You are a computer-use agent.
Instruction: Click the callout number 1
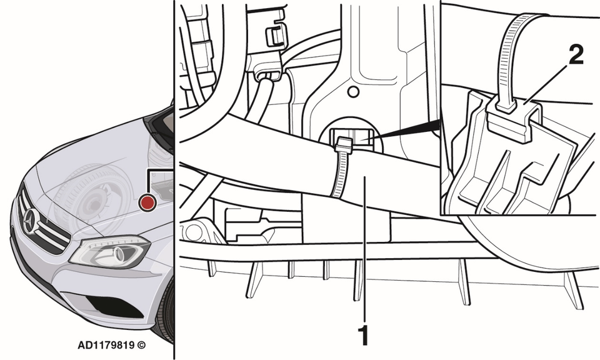click(362, 336)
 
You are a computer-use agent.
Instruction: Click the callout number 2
click(576, 54)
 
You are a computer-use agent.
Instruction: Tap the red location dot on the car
click(147, 202)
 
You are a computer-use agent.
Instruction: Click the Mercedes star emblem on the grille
click(31, 221)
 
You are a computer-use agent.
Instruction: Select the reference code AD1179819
click(106, 345)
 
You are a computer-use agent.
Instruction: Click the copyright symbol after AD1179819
click(141, 345)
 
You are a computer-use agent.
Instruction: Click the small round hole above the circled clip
click(354, 92)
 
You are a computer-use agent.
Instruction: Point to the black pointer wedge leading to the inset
click(406, 130)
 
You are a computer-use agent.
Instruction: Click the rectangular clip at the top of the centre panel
click(276, 35)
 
